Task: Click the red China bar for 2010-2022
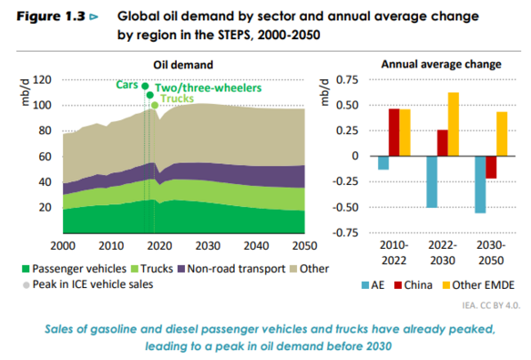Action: click(x=393, y=132)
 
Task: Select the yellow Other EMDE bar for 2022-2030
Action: click(x=453, y=124)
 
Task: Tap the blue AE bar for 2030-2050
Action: click(x=480, y=184)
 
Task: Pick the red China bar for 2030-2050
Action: click(x=491, y=167)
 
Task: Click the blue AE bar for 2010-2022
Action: click(x=383, y=163)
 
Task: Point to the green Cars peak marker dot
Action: click(x=145, y=86)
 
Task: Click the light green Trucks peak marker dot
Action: click(x=155, y=106)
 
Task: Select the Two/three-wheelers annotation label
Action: click(x=209, y=88)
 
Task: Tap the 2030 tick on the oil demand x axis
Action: click(x=208, y=245)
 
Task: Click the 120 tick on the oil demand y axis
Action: click(x=42, y=80)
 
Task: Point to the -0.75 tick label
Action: click(x=345, y=233)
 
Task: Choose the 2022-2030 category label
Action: click(x=443, y=252)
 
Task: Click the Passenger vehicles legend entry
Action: click(x=74, y=269)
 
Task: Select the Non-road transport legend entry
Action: click(x=231, y=269)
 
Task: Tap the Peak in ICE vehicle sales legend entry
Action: click(x=88, y=284)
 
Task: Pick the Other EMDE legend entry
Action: click(x=478, y=285)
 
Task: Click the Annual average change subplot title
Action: click(x=441, y=65)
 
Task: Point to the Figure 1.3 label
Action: click(x=51, y=16)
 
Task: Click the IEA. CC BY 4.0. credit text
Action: click(x=491, y=305)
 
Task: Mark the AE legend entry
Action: click(x=373, y=285)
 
